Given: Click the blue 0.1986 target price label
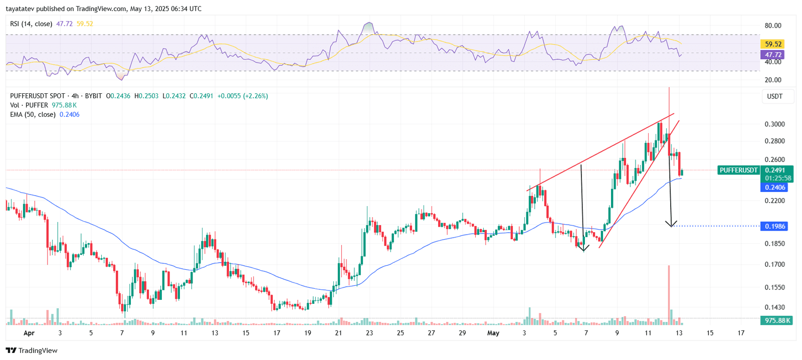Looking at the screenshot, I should click(x=774, y=226).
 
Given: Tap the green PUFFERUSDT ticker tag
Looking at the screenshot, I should click(x=738, y=170).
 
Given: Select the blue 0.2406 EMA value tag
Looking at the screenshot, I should click(x=774, y=188).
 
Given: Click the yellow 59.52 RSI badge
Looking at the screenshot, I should click(x=773, y=44).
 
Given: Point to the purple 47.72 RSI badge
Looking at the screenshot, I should click(x=773, y=55).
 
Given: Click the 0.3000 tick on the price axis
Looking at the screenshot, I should click(x=774, y=124).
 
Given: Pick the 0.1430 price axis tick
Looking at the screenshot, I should click(x=774, y=307).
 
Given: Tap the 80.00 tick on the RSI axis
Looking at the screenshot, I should click(x=773, y=26).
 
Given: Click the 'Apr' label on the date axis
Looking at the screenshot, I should click(x=29, y=333).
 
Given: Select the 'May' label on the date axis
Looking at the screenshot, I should click(x=493, y=333).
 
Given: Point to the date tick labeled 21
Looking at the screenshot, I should click(x=338, y=333).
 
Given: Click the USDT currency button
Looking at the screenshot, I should click(x=775, y=96).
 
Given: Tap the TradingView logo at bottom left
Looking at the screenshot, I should click(x=32, y=350).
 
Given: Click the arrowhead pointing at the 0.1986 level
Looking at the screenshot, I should click(x=671, y=224).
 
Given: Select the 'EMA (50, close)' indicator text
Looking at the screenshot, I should click(x=33, y=114).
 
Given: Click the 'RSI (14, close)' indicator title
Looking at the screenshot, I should click(x=31, y=24).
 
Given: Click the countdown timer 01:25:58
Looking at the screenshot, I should click(x=778, y=178).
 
